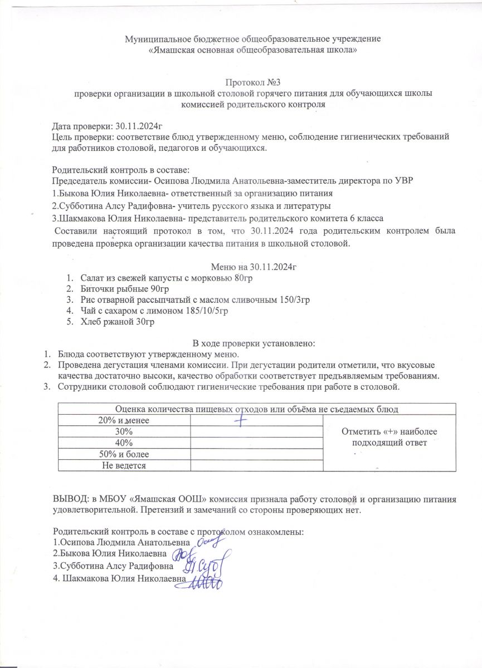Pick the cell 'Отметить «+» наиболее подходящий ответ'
coord(390,437)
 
